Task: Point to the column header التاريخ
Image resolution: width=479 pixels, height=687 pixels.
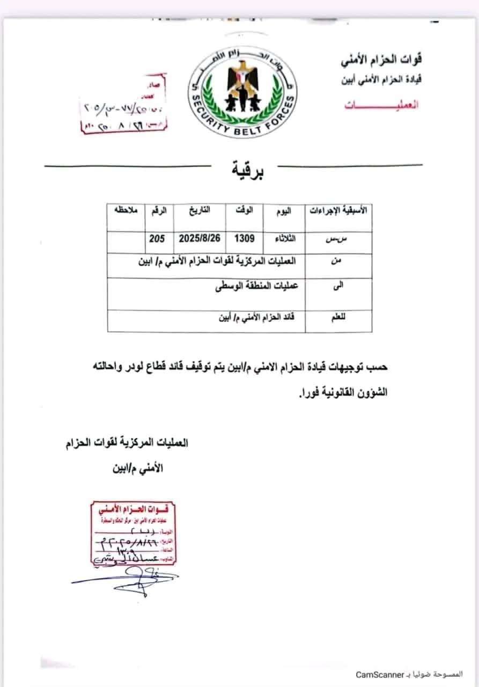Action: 198,210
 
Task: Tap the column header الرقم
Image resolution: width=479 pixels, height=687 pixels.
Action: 159,210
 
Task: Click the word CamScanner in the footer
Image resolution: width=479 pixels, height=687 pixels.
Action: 378,675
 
